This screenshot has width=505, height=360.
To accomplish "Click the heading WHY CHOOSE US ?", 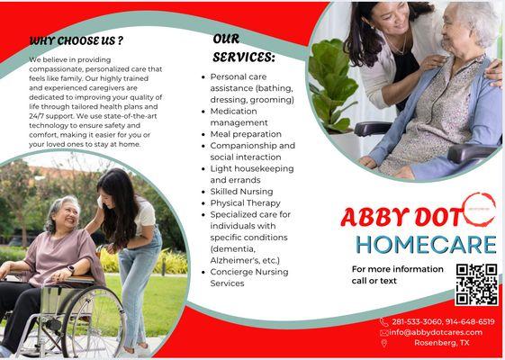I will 77,40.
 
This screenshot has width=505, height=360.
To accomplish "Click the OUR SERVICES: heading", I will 244,49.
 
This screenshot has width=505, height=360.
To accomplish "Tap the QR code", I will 476,284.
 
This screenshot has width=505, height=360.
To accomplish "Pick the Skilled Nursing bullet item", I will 242,192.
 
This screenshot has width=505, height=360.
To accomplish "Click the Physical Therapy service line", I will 246,203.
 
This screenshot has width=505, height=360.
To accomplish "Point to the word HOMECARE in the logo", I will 426,244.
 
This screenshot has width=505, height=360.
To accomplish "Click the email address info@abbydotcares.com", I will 436,332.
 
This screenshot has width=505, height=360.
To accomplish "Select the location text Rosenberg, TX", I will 441,343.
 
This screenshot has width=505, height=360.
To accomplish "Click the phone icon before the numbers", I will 383,321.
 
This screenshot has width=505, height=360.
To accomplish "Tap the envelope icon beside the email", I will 384,332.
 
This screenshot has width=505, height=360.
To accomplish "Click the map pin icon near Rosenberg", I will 384,343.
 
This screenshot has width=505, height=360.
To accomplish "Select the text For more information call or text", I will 397,274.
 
